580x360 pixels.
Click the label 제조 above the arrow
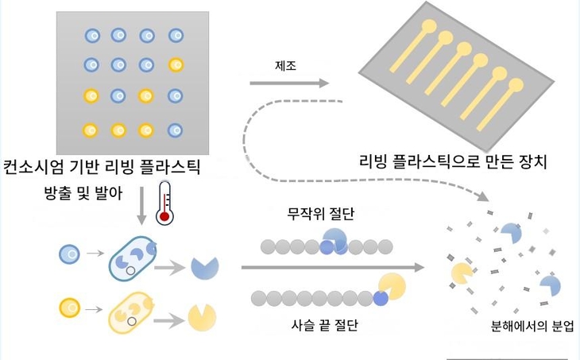(285, 66)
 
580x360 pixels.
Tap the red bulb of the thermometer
(164, 217)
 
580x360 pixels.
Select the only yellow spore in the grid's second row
(176, 65)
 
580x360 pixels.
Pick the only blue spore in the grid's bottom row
(175, 130)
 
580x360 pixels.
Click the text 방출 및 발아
(83, 193)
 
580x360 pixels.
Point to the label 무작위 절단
(321, 214)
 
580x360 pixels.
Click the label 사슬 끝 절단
(324, 325)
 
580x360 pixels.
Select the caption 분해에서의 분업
(532, 326)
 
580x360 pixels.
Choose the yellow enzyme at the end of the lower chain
(392, 286)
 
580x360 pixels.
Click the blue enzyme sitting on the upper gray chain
(334, 239)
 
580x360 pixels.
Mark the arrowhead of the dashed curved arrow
(483, 195)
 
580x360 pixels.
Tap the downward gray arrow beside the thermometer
(141, 206)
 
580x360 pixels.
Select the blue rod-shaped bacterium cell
(133, 258)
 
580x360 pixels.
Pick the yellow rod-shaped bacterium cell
(131, 312)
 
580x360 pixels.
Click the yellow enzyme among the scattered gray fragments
(462, 273)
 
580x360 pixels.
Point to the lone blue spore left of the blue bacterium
(70, 254)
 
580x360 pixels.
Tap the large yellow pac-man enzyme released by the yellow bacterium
(202, 317)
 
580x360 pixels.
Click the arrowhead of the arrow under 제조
(324, 83)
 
